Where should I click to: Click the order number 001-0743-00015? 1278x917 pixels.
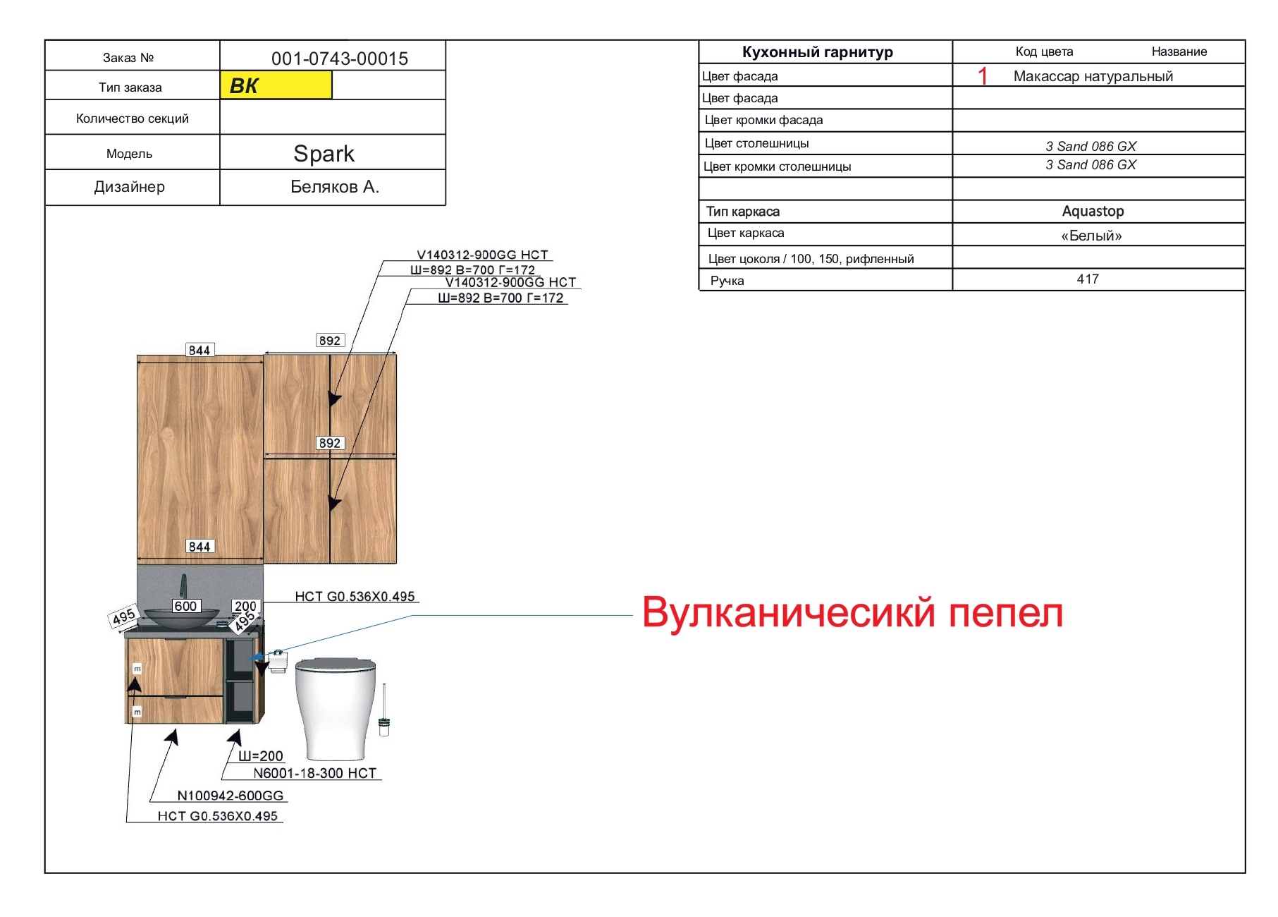click(340, 59)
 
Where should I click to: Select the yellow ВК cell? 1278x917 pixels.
click(276, 85)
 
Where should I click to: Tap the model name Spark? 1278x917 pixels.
click(324, 154)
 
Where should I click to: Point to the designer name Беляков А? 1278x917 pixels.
click(335, 187)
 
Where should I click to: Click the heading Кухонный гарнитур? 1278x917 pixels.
click(817, 52)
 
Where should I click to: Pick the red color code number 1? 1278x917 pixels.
click(983, 76)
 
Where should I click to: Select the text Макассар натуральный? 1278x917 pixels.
click(1093, 76)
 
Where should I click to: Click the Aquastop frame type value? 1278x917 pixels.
click(1093, 212)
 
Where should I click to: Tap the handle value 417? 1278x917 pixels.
click(1088, 279)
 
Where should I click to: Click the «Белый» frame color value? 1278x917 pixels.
click(1091, 236)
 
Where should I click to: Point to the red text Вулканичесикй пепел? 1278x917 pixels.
click(852, 612)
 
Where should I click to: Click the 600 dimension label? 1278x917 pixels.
click(186, 606)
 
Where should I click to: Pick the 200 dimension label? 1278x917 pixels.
click(245, 606)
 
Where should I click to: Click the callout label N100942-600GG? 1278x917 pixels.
click(231, 796)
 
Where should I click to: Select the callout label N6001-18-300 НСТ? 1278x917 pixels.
click(314, 773)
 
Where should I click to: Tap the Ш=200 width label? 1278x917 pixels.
click(261, 756)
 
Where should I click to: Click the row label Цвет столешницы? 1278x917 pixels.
click(757, 143)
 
